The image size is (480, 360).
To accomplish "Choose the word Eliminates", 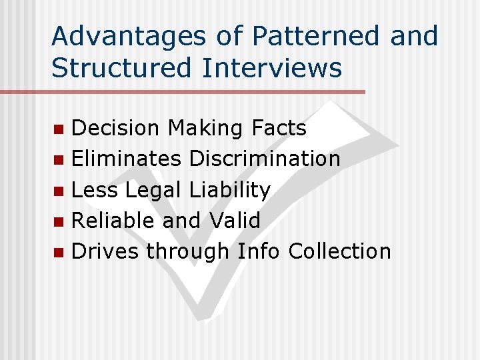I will [x=126, y=159].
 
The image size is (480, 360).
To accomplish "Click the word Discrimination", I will [x=265, y=159].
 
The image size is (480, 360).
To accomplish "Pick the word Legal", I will [x=153, y=190].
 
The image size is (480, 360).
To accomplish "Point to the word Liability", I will [x=229, y=190].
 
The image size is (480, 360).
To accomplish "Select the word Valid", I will [x=235, y=221].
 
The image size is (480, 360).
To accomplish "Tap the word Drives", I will [x=105, y=251].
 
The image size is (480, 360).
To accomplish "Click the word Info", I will [x=259, y=251].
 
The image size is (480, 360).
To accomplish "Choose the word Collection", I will [x=339, y=251].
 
